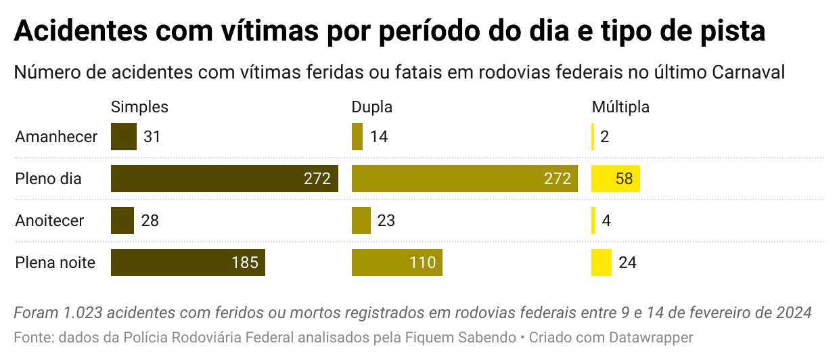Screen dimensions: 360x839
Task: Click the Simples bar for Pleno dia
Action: click(224, 179)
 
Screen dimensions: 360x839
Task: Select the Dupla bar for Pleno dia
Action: click(464, 179)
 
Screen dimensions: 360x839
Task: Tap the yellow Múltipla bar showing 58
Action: click(615, 179)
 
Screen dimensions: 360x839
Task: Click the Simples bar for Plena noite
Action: click(187, 263)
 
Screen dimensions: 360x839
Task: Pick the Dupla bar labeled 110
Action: click(396, 263)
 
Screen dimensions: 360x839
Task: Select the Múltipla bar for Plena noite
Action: click(602, 263)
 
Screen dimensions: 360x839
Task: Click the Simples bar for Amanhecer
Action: click(123, 137)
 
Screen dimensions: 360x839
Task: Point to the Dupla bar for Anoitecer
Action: click(361, 221)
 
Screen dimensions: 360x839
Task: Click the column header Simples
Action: click(139, 107)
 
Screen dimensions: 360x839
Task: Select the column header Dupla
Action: click(371, 107)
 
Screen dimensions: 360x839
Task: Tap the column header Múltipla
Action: click(620, 107)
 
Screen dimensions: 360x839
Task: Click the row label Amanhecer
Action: click(56, 137)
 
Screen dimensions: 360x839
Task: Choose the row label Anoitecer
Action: click(49, 221)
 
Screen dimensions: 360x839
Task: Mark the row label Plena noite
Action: click(55, 263)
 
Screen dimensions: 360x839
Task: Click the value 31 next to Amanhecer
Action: click(152, 137)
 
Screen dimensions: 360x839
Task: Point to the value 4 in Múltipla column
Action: click(606, 221)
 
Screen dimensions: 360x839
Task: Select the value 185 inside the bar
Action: click(245, 263)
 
